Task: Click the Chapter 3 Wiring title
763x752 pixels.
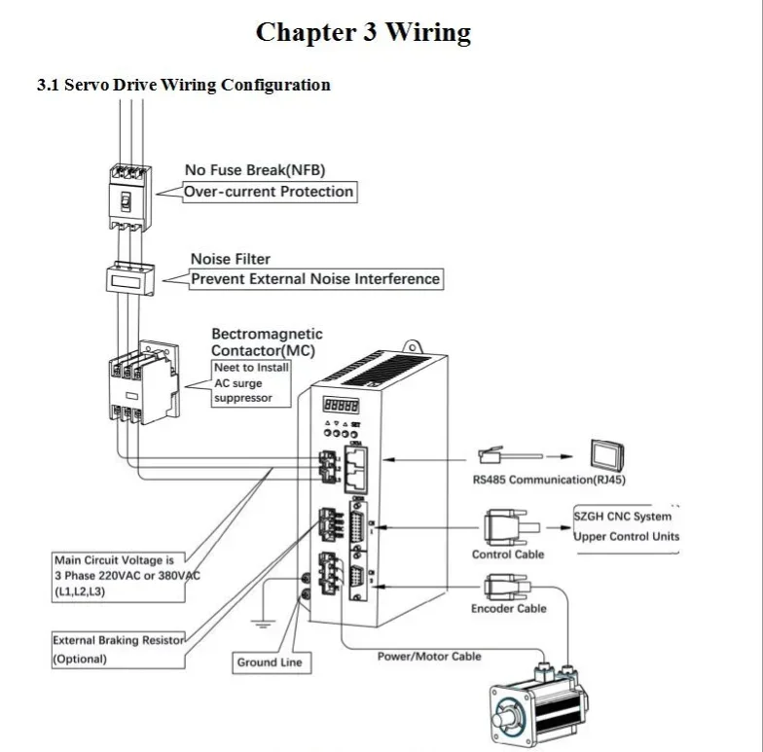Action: (x=363, y=32)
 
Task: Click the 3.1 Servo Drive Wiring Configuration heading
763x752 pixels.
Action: (x=183, y=85)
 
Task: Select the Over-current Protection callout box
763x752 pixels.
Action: (x=269, y=192)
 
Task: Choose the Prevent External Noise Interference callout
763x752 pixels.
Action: (x=314, y=279)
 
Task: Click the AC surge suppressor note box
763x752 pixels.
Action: (x=251, y=382)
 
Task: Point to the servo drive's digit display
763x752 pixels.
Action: (x=340, y=404)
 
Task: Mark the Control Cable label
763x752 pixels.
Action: (x=508, y=555)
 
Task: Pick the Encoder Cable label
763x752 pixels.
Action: (x=508, y=609)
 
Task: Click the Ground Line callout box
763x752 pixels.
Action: (x=270, y=662)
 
